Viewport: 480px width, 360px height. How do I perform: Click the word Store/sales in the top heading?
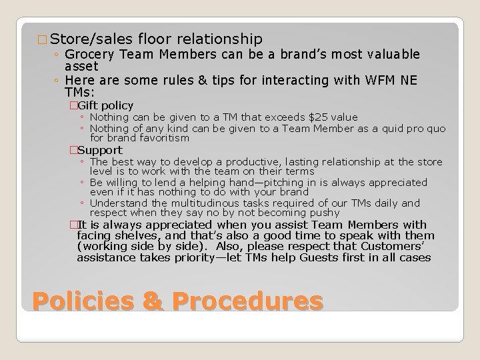(x=93, y=39)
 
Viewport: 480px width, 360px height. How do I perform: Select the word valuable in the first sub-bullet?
(x=389, y=54)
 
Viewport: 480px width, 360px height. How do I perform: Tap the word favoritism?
(x=159, y=138)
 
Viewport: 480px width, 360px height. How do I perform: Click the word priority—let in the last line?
(x=210, y=257)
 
